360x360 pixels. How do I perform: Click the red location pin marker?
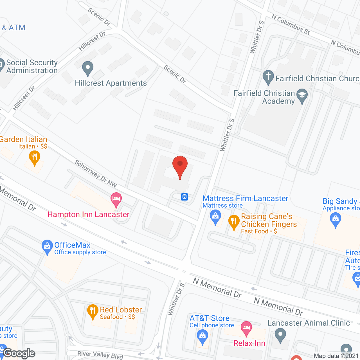pos(180,166)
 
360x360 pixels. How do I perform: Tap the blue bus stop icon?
pos(184,197)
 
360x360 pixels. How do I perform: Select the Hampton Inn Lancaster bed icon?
pos(116,199)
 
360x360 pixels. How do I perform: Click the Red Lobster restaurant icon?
pos(93,311)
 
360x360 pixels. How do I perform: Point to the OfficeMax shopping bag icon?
pos(47,247)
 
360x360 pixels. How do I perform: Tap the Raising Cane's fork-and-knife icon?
pos(234,222)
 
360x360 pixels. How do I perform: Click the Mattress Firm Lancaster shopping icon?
pos(215,217)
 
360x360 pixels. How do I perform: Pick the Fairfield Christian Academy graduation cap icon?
pos(302,96)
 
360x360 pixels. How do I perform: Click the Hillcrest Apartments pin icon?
pos(88,68)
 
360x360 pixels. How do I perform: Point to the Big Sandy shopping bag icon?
pos(335,219)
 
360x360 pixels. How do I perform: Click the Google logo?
pos(19,353)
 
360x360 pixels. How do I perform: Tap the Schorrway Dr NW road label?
pos(96,173)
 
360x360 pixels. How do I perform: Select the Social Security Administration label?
pos(32,66)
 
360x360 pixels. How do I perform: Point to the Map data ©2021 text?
pos(336,356)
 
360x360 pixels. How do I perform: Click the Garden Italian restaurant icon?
pos(34,158)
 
